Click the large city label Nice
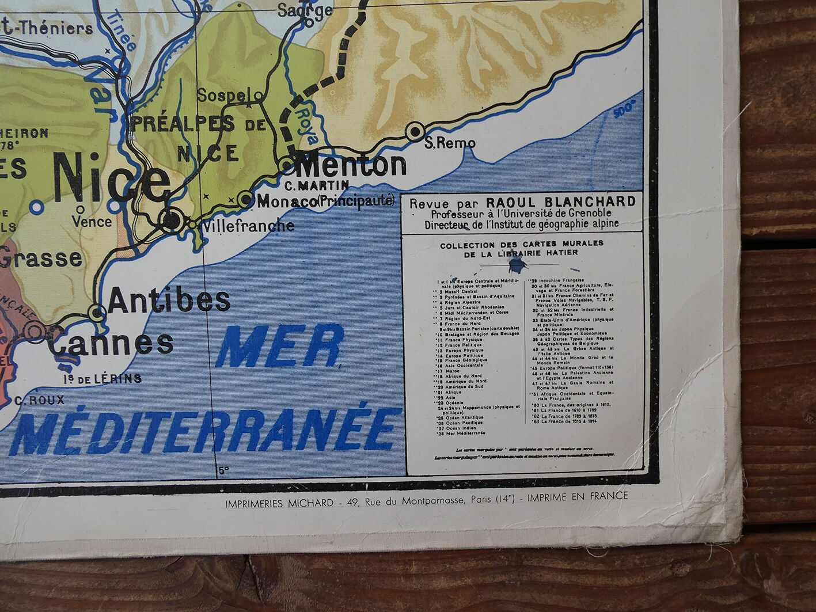112,178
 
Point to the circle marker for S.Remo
415,131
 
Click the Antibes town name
169,299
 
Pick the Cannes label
111,343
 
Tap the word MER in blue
279,346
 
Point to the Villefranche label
248,226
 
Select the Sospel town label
225,95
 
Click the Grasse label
40,259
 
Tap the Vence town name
92,222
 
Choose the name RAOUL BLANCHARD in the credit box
561,202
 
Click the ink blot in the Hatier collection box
517,264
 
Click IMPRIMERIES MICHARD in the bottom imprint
279,503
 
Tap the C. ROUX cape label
40,400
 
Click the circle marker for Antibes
97,313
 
